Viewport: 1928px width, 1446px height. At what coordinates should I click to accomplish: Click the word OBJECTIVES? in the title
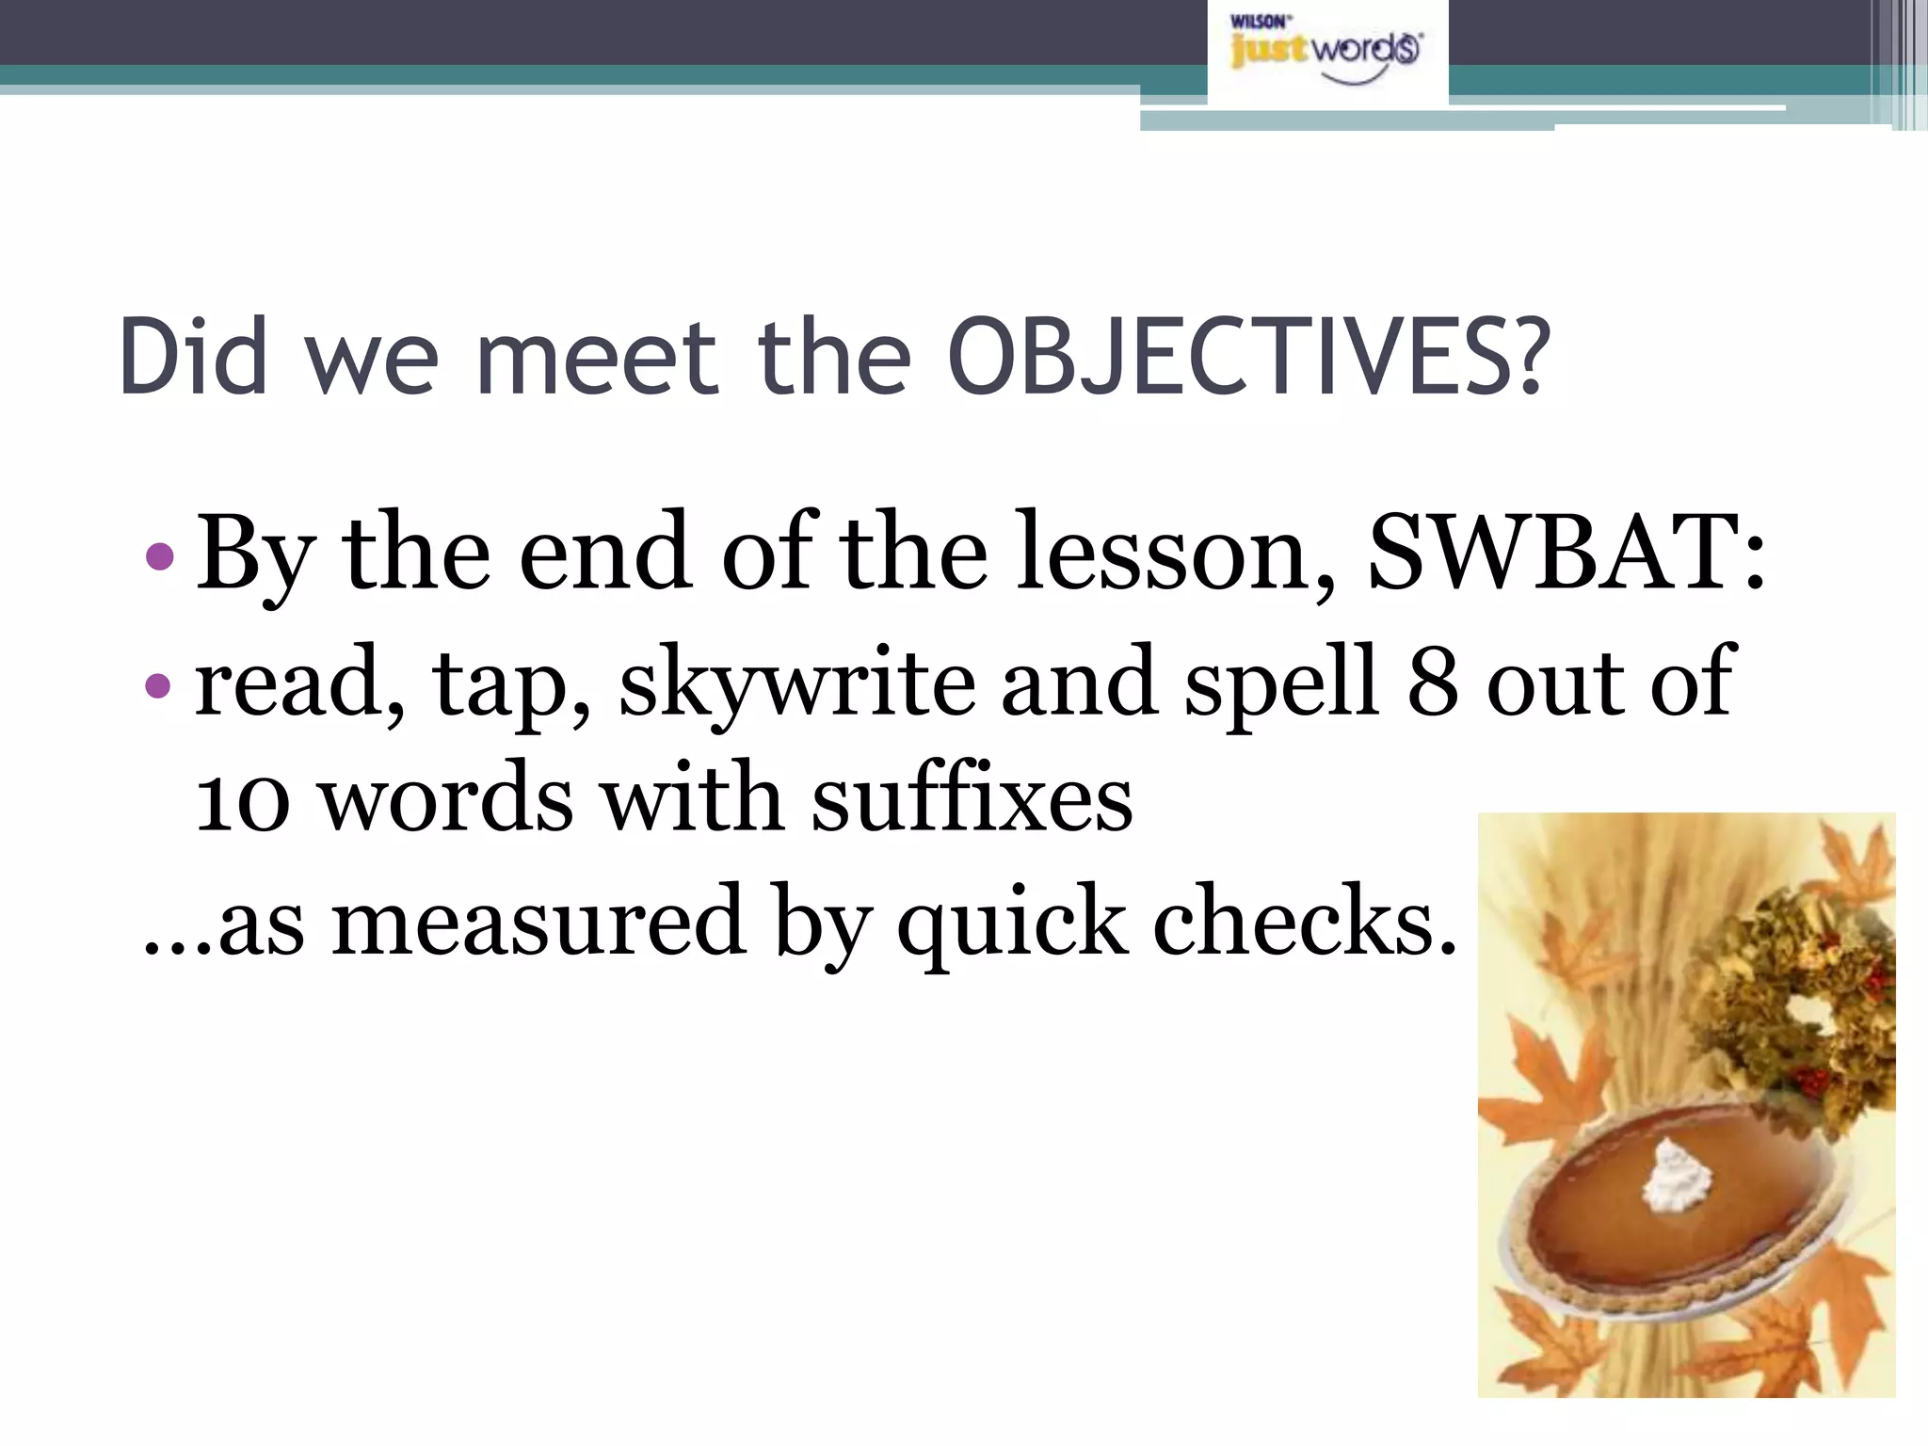pos(1248,358)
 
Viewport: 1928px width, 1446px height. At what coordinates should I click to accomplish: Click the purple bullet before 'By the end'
pos(161,556)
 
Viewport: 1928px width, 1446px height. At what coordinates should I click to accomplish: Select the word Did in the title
pos(194,358)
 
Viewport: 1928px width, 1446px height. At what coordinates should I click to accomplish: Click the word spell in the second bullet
pos(1281,683)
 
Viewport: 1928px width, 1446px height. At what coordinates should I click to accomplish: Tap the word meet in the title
pos(599,358)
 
